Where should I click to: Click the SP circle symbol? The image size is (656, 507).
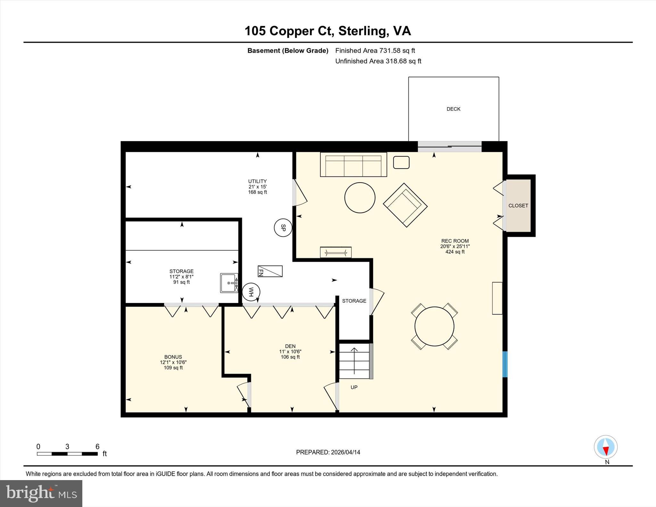click(283, 228)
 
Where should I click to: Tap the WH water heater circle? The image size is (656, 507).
click(251, 292)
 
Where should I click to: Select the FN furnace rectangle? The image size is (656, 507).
click(270, 271)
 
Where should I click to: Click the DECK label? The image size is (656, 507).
click(453, 109)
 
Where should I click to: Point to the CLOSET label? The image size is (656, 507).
click(518, 206)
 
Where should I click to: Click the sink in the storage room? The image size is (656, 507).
click(229, 283)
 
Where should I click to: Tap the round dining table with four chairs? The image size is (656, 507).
click(434, 326)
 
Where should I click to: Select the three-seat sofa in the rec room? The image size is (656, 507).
click(353, 165)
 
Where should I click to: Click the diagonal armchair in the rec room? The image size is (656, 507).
click(405, 205)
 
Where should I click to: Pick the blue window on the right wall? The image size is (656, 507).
click(505, 364)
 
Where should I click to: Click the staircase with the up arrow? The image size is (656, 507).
click(354, 361)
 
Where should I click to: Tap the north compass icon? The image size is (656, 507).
click(605, 447)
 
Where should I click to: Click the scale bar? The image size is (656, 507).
click(67, 454)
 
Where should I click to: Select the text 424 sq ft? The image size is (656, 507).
click(455, 252)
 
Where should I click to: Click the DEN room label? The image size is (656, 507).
click(290, 346)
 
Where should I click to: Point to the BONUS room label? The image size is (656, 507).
click(173, 357)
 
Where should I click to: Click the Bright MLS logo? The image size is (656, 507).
click(41, 493)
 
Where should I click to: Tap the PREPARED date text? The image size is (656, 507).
click(328, 452)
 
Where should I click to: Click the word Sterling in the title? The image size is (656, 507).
click(362, 31)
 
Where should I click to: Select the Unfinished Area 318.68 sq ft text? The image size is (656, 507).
click(378, 61)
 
